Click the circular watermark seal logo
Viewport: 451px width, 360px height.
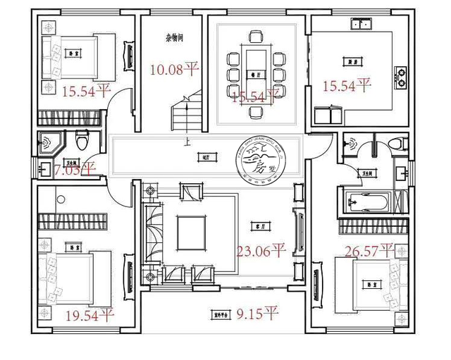point(259,163)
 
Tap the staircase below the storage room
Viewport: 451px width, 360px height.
point(185,113)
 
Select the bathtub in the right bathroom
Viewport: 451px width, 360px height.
point(364,201)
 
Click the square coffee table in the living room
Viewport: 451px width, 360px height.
point(190,230)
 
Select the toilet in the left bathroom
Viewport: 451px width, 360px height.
point(82,141)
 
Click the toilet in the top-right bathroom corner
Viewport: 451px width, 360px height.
point(399,142)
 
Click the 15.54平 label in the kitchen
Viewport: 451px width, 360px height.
point(346,86)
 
